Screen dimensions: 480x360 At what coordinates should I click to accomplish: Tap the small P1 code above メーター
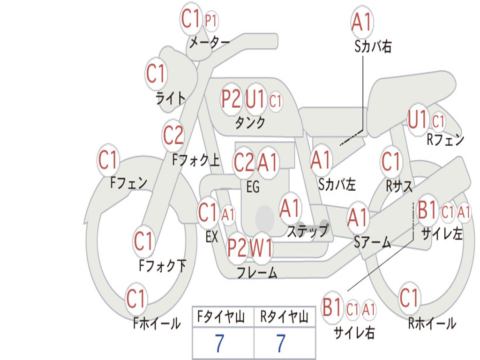click(x=210, y=21)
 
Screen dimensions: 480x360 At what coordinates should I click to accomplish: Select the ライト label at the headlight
click(x=171, y=98)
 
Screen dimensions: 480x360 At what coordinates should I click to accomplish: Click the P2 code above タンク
click(x=231, y=99)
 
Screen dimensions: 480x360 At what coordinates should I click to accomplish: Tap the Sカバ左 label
click(x=337, y=184)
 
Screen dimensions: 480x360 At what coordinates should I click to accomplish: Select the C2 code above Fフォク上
click(x=173, y=135)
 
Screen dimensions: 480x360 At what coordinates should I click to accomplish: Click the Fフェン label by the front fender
click(x=128, y=183)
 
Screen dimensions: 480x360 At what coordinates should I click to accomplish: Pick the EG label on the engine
click(x=253, y=187)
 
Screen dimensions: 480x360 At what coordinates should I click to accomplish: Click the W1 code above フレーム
click(x=261, y=247)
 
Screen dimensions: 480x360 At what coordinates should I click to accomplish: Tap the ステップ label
click(x=307, y=231)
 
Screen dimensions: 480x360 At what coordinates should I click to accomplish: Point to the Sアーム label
click(x=372, y=242)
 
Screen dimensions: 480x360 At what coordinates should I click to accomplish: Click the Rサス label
click(x=399, y=186)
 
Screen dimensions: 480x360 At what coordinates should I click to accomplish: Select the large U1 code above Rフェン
click(x=418, y=119)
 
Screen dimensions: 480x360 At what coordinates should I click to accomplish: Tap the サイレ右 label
click(x=354, y=332)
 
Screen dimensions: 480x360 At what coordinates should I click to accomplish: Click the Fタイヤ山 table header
click(x=221, y=316)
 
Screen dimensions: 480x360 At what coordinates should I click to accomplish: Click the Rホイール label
click(x=432, y=323)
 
